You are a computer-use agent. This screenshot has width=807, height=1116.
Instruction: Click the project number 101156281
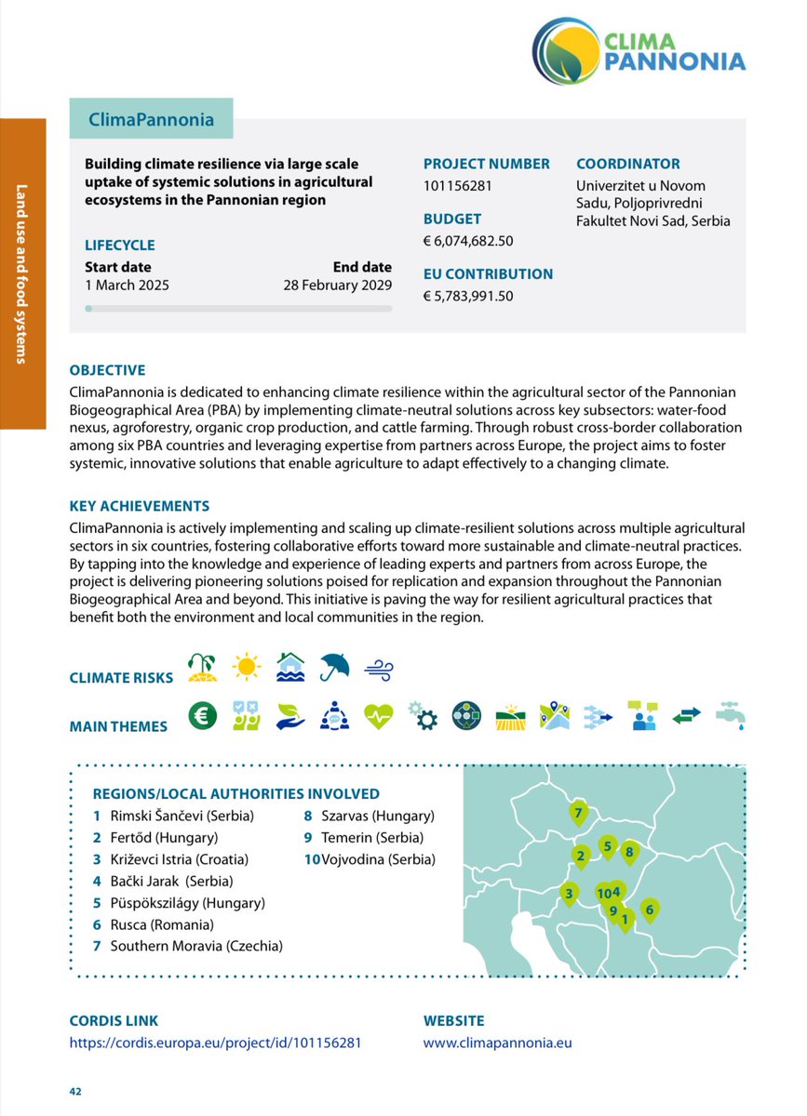(457, 186)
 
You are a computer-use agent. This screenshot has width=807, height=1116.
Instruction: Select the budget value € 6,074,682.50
(468, 241)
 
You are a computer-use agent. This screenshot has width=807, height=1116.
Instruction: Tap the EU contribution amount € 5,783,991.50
(468, 297)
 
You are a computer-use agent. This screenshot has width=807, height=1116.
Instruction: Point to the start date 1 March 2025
(127, 286)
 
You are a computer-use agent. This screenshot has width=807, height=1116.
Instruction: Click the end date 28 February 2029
(337, 286)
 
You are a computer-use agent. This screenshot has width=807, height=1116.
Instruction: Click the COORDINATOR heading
(627, 164)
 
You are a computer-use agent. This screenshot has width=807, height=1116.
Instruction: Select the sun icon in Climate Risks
(248, 668)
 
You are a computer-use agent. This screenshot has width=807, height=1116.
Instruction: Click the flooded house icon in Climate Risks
(290, 668)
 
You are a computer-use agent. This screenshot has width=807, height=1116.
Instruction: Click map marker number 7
(578, 813)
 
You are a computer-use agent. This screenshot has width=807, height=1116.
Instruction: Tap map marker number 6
(650, 910)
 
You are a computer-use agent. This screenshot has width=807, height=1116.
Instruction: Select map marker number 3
(568, 895)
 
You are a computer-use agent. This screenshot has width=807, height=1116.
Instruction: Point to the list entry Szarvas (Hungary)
(377, 817)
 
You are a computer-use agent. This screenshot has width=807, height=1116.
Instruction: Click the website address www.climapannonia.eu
(497, 1043)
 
